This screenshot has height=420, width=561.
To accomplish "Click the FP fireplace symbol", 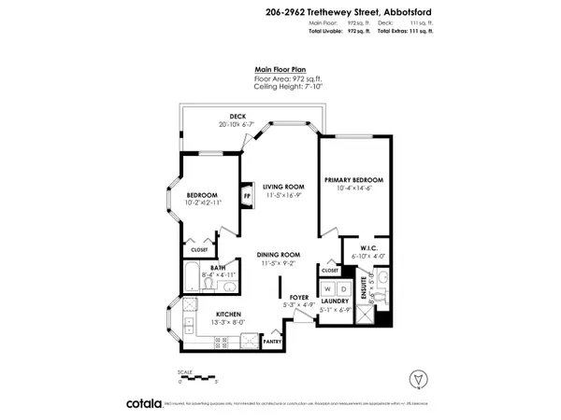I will click(x=248, y=197).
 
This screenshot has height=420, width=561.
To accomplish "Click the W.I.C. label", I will click(x=360, y=247).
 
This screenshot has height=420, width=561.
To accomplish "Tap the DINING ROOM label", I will click(x=280, y=255).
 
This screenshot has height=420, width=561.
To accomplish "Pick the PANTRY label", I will click(x=273, y=342).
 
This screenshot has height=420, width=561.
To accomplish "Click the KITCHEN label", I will click(x=229, y=314).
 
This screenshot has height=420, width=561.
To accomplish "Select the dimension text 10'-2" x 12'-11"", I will click(x=208, y=202).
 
